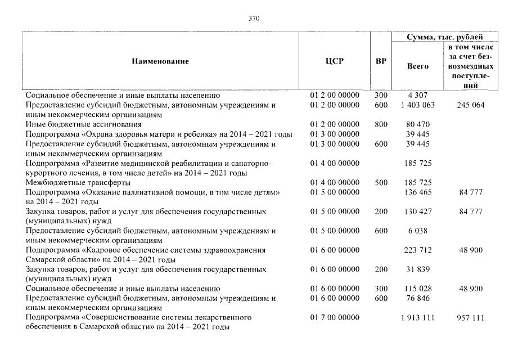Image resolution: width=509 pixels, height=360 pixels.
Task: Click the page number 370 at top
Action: click(254, 19)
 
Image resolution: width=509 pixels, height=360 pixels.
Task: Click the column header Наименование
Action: click(160, 61)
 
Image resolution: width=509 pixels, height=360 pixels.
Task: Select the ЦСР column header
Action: click(334, 61)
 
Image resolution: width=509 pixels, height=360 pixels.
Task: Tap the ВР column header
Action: click(381, 61)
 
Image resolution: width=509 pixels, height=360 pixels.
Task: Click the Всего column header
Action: click(417, 66)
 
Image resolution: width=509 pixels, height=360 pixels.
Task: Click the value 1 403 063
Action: click(417, 105)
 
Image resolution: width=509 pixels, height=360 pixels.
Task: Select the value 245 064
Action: click(471, 105)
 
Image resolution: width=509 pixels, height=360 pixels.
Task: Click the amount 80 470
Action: click(417, 124)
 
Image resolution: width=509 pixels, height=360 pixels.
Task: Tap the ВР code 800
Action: click(381, 124)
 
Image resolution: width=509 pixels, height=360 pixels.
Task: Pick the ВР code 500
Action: click(381, 183)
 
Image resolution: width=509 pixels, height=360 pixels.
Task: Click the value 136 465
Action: click(417, 192)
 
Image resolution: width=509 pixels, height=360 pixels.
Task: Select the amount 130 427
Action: click(417, 211)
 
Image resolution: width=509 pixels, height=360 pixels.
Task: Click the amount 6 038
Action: click(417, 231)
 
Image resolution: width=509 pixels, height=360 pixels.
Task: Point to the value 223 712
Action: click(417, 250)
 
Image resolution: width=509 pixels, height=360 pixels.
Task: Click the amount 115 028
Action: click(417, 289)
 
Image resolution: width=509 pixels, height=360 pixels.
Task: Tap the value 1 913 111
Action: click(417, 318)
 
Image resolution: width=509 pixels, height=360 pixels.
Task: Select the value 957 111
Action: click(471, 318)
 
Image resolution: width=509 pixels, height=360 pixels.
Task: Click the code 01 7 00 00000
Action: click(334, 318)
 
